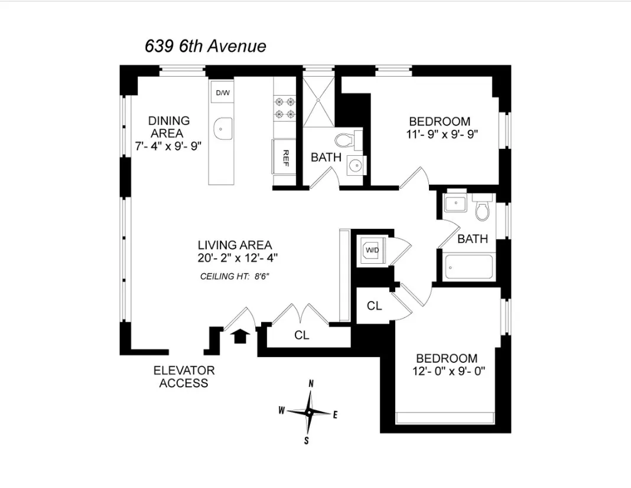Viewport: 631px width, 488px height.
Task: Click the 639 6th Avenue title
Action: coord(205,47)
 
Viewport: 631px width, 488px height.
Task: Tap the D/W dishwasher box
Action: coord(222,93)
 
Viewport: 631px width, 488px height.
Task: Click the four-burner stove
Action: coord(284,109)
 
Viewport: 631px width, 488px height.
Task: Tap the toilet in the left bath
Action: coord(344,140)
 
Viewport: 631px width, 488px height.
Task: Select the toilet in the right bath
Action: coord(483,209)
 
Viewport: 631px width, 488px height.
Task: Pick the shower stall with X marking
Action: coord(319,101)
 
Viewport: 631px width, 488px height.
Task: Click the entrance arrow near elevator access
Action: coord(240,336)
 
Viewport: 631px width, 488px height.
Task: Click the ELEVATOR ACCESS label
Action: coord(184,376)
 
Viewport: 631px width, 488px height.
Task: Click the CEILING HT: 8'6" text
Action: coord(235,276)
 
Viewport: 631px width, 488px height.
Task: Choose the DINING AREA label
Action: coord(168,127)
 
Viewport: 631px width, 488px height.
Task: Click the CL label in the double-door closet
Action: coord(302,335)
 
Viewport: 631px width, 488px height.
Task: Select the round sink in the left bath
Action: coord(355,166)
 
